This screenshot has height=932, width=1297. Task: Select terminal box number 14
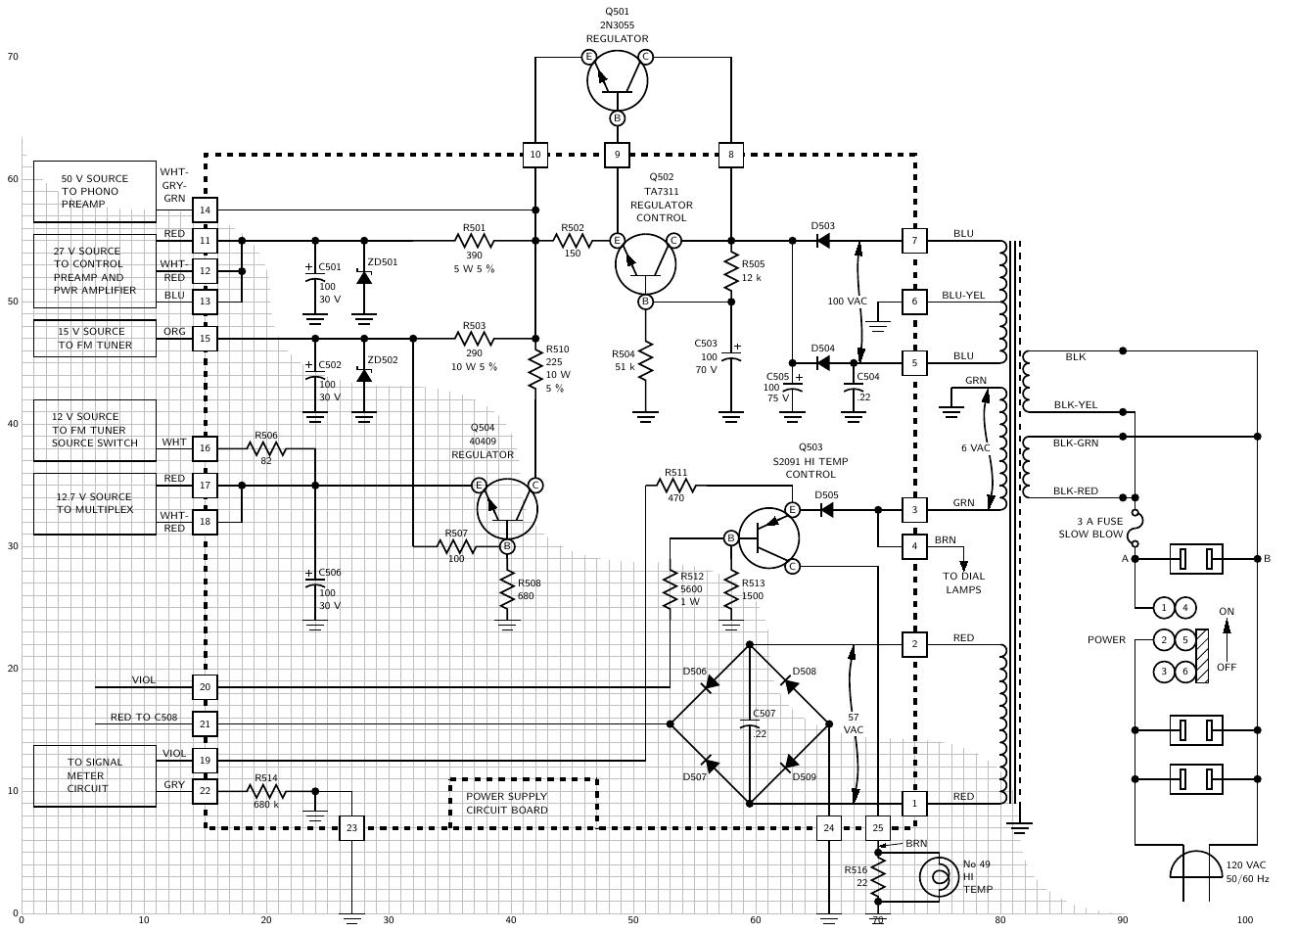[205, 210]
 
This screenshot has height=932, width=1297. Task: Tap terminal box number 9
[617, 155]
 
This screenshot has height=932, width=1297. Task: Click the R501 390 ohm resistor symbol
[475, 240]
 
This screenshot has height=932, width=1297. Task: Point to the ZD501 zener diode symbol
[364, 277]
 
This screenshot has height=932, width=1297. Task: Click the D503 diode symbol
[823, 240]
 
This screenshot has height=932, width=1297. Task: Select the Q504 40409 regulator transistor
[507, 507]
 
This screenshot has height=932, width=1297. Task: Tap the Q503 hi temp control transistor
[768, 536]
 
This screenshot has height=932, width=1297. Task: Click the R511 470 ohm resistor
[676, 485]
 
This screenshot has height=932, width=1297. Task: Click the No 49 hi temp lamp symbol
[939, 877]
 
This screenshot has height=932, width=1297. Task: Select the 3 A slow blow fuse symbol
[1135, 527]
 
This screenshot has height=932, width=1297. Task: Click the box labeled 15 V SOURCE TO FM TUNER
[95, 339]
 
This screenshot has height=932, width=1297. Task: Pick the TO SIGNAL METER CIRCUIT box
[95, 775]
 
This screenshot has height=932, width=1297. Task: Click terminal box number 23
[351, 828]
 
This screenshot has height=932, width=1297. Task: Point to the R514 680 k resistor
[266, 791]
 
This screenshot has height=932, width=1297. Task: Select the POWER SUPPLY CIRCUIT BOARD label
[507, 804]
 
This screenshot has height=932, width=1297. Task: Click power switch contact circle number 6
[1184, 672]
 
